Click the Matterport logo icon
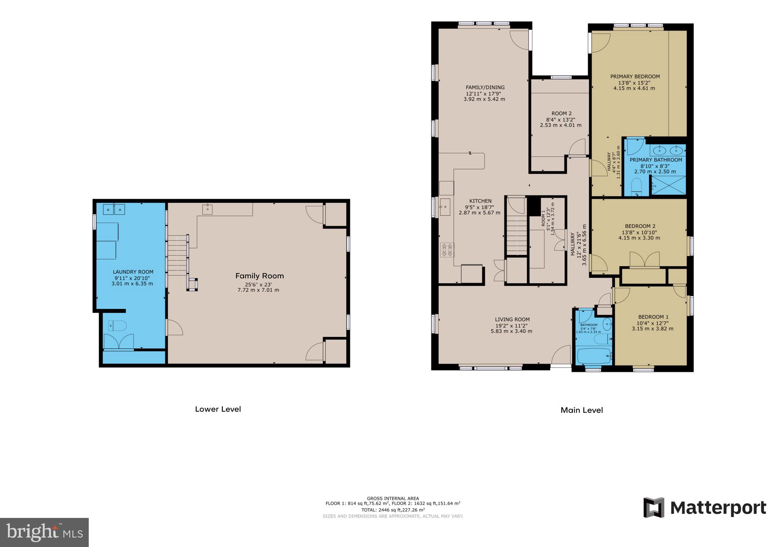click(x=654, y=507)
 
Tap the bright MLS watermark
click(x=45, y=532)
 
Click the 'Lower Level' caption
click(x=218, y=409)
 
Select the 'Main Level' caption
click(x=582, y=410)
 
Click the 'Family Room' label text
click(x=259, y=276)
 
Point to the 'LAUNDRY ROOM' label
click(x=133, y=272)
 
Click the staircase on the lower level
click(x=177, y=255)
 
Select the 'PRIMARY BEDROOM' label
click(x=635, y=77)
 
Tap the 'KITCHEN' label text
click(x=480, y=201)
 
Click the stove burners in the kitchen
click(x=447, y=250)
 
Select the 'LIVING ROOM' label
click(x=512, y=320)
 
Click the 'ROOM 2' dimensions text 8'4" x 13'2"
click(x=561, y=119)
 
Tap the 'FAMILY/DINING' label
click(x=485, y=88)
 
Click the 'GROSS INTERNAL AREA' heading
click(x=393, y=499)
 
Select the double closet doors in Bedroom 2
click(x=644, y=260)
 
